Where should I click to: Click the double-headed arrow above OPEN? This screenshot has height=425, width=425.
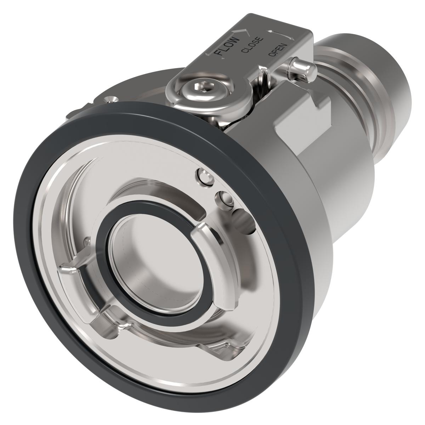coord(280,34)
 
